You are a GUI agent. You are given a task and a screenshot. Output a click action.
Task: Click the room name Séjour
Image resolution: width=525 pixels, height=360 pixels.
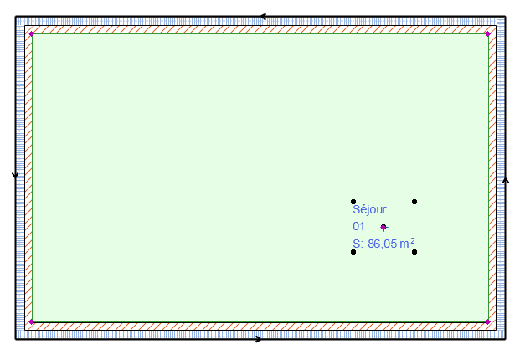[x=369, y=210]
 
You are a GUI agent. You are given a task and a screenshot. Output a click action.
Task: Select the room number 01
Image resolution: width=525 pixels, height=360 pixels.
[x=358, y=227]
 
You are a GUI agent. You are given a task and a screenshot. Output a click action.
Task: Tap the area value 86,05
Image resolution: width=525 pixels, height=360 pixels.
[x=382, y=244]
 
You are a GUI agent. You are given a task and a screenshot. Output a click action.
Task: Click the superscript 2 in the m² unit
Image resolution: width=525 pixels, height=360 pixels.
[x=413, y=241]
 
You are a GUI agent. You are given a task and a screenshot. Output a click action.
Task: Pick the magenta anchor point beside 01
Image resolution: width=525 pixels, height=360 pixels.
[x=383, y=227]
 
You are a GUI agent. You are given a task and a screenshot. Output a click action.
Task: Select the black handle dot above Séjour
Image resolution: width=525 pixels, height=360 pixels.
[x=353, y=202]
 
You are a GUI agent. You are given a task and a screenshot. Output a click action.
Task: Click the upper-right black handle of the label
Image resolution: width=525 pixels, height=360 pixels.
[x=414, y=202]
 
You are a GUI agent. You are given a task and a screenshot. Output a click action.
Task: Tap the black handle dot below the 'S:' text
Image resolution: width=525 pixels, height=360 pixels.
[x=353, y=252]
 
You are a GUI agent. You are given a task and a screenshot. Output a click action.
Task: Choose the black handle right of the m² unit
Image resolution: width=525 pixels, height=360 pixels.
[x=414, y=251]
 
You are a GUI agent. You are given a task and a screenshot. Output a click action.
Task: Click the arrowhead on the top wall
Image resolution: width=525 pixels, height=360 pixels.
[x=264, y=16]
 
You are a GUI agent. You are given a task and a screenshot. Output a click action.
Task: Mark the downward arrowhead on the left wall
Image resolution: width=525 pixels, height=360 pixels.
[x=15, y=176]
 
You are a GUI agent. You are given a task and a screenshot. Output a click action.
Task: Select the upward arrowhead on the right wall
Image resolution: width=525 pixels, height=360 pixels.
[x=505, y=179]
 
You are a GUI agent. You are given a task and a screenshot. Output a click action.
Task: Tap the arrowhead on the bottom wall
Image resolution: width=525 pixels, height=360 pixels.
[x=258, y=339]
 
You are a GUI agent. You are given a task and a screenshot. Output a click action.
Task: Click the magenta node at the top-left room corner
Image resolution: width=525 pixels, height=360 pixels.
[x=31, y=34]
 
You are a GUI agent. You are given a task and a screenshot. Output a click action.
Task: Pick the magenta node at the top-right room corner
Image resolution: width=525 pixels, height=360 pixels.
[x=488, y=34]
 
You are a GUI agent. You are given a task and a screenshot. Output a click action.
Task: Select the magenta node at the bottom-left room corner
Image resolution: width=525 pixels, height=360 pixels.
[x=31, y=321]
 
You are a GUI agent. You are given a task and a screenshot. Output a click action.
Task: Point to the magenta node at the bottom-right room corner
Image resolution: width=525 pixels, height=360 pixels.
[x=488, y=321]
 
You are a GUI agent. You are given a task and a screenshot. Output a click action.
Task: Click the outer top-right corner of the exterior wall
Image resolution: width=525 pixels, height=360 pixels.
[x=505, y=16]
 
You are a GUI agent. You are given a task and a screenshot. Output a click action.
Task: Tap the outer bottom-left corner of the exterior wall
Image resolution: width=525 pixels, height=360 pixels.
[x=15, y=339]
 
